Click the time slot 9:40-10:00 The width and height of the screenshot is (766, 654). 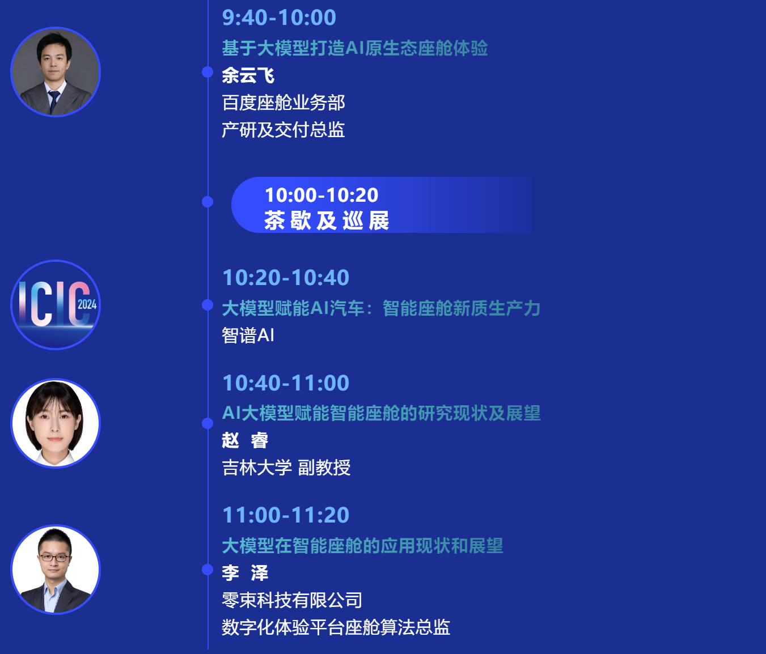279,18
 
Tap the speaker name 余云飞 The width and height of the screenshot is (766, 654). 248,75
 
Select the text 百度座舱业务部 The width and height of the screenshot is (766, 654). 283,103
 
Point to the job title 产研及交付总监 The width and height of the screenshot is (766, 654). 283,130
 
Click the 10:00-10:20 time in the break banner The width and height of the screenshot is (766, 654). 321,195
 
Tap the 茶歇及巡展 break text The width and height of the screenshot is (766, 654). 327,220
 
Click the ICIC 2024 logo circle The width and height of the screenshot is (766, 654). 56,305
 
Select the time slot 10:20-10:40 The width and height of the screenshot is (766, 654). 286,278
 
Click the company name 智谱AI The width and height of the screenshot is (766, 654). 248,336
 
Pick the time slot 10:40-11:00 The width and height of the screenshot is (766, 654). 286,383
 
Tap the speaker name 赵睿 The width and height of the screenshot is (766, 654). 245,440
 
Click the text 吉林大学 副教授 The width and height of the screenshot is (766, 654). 286,468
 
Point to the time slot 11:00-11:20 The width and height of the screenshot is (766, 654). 286,515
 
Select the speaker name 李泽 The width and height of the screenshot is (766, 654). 245,573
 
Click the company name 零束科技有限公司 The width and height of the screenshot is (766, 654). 291,600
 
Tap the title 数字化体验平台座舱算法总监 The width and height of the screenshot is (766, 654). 336,627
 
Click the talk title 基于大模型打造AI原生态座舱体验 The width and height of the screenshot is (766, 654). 354,48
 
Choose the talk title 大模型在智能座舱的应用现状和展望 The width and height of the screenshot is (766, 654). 362,546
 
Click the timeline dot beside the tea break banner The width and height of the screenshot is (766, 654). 208,202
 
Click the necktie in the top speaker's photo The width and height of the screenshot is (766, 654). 54,101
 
